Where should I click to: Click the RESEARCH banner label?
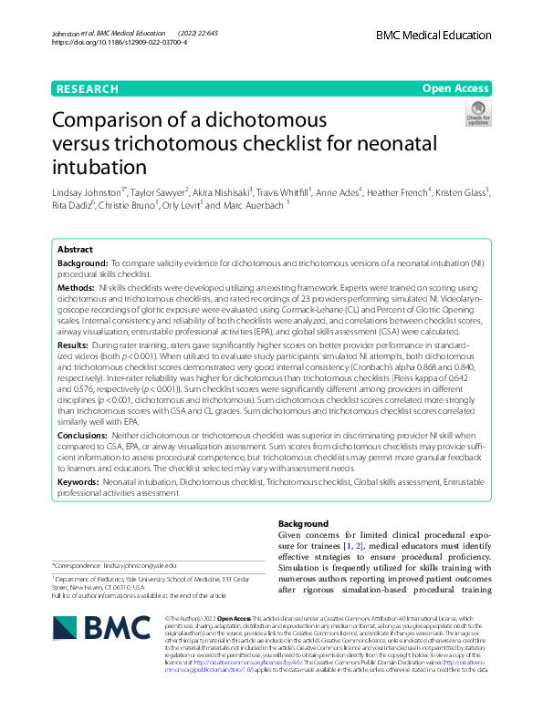pyautogui.click(x=87, y=88)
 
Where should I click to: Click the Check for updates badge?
pyautogui.click(x=478, y=114)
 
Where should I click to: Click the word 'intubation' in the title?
pyautogui.click(x=99, y=167)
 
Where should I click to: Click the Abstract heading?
pyautogui.click(x=75, y=249)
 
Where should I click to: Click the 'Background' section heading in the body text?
pyautogui.click(x=303, y=524)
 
